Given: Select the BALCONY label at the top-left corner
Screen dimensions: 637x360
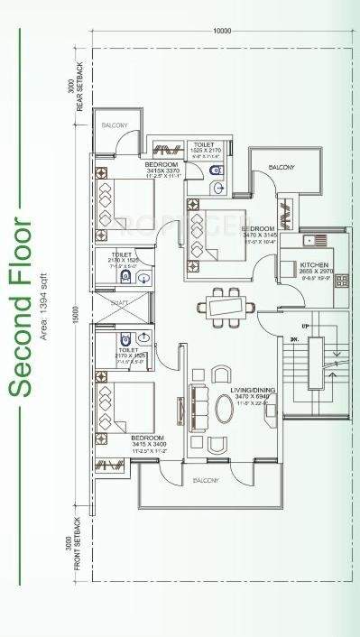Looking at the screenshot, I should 114,124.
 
